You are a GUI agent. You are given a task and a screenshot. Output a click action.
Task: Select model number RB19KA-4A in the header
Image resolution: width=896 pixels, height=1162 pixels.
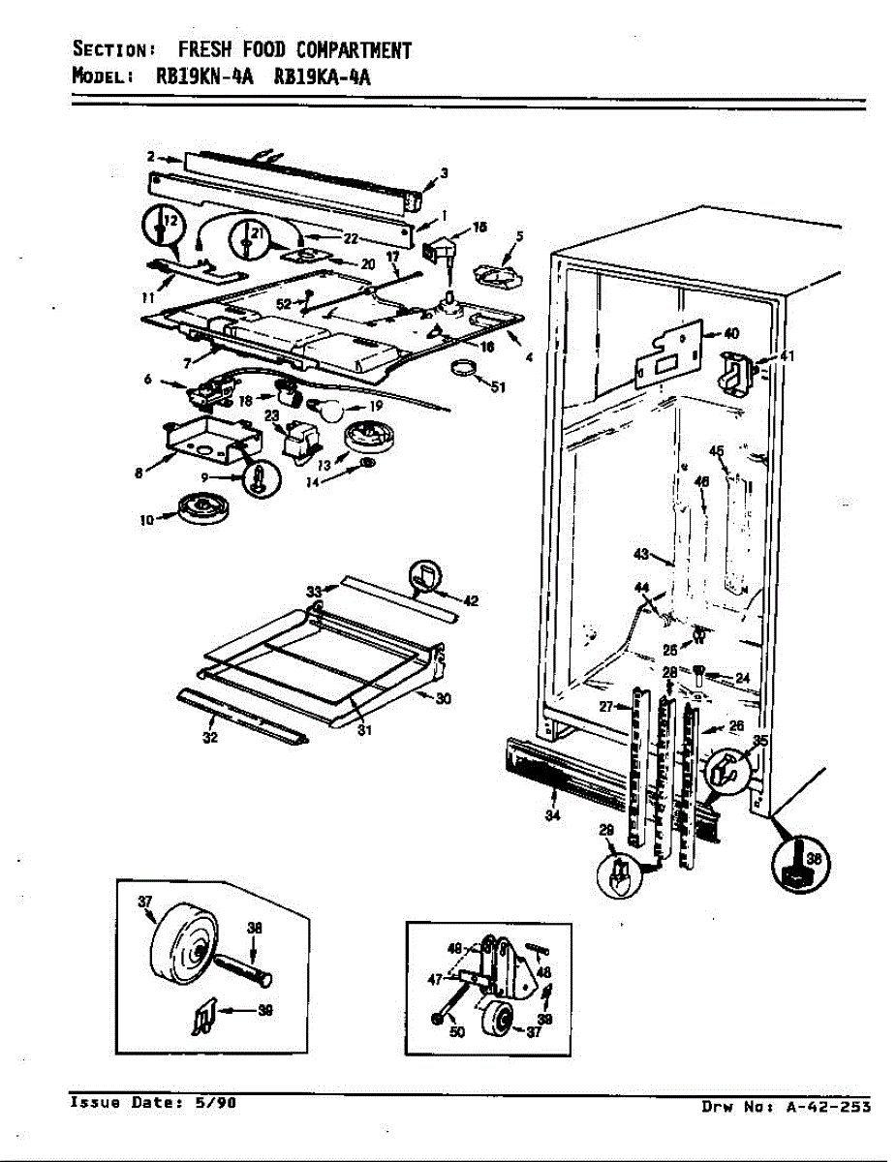tap(323, 77)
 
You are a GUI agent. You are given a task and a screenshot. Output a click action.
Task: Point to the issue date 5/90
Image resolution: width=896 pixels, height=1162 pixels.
tap(216, 1102)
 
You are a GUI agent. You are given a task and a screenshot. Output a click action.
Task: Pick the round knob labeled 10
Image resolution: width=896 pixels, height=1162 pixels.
tap(201, 507)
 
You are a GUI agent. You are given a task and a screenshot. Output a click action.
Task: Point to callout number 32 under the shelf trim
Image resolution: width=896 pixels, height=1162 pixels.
tap(210, 738)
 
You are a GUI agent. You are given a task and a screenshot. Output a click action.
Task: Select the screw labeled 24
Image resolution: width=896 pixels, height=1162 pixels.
tap(700, 674)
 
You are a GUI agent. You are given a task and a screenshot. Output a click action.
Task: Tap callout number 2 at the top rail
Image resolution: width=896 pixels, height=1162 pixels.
tap(151, 156)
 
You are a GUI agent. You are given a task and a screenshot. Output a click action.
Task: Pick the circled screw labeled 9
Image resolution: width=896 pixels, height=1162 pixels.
tap(261, 478)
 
